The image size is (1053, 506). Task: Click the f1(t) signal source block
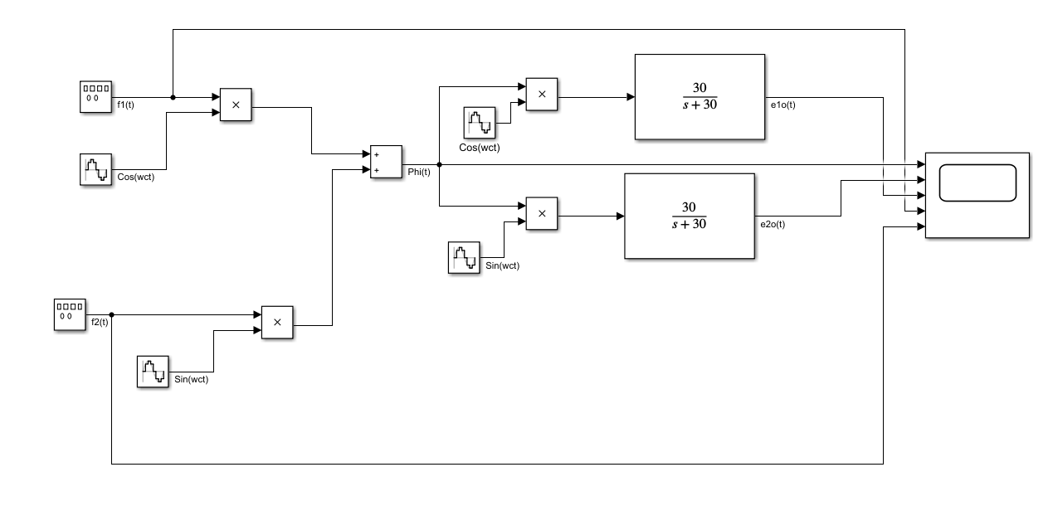pyautogui.click(x=95, y=96)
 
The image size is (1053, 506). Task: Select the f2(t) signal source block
pyautogui.click(x=71, y=314)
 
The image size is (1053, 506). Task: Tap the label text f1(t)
pyautogui.click(x=128, y=105)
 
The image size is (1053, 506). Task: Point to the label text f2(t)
pyautogui.click(x=99, y=323)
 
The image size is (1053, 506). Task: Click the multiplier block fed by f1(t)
pyautogui.click(x=236, y=105)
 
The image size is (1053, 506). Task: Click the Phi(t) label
pyautogui.click(x=420, y=173)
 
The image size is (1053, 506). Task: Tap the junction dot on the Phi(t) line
pyautogui.click(x=439, y=164)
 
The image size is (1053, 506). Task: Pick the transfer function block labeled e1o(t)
pyautogui.click(x=700, y=96)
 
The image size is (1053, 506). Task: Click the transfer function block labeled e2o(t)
pyautogui.click(x=689, y=216)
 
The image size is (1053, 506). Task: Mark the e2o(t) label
pyautogui.click(x=772, y=224)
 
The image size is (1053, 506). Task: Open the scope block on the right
pyautogui.click(x=977, y=196)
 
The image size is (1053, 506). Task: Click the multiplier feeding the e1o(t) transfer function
pyautogui.click(x=542, y=94)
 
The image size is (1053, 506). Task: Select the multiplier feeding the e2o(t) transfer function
pyautogui.click(x=542, y=213)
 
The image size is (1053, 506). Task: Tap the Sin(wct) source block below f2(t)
pyautogui.click(x=153, y=371)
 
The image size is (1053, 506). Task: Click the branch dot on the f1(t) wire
pyautogui.click(x=173, y=97)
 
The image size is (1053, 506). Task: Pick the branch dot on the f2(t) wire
pyautogui.click(x=111, y=314)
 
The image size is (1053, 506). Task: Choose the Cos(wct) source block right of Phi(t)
pyautogui.click(x=479, y=123)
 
